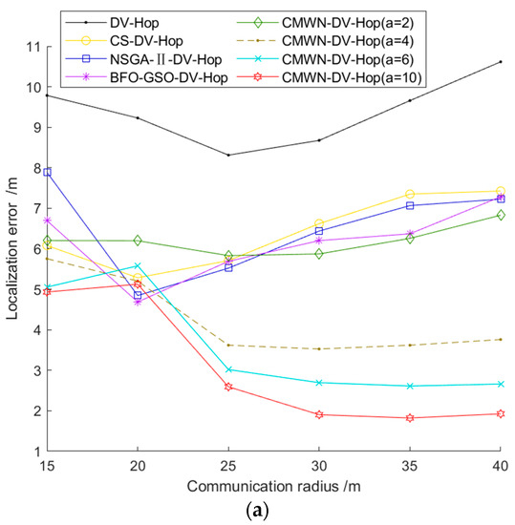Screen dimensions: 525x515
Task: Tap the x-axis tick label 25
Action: point(228,464)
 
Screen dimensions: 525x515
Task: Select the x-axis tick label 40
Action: point(501,464)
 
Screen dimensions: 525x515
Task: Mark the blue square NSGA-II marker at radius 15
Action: point(48,172)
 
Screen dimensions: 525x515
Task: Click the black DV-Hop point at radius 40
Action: point(501,62)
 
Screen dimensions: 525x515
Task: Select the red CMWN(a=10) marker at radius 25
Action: point(228,387)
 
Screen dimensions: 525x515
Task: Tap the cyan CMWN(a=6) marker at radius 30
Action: point(319,383)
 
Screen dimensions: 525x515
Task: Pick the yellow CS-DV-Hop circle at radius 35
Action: point(410,194)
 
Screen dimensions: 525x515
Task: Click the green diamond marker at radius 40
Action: point(501,215)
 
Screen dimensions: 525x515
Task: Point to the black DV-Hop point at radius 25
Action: point(228,155)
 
